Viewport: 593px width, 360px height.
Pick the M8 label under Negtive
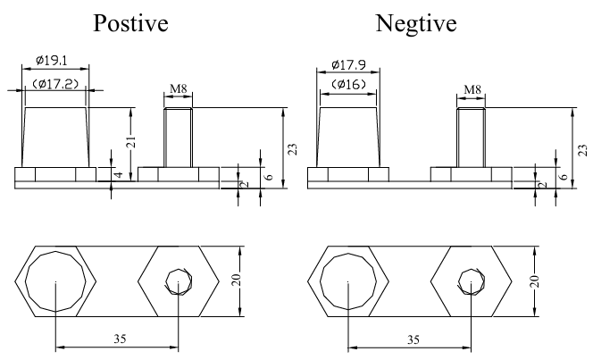(472, 90)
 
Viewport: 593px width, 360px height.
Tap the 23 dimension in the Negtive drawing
(582, 149)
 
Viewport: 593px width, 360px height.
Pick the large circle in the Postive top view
(55, 280)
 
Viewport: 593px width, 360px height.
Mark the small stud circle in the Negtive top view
(469, 281)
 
